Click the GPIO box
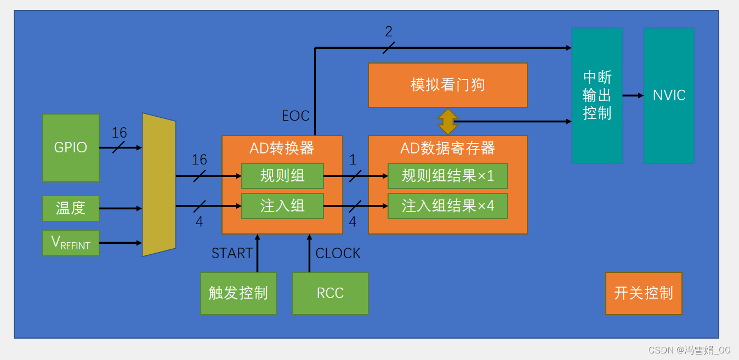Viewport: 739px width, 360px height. pyautogui.click(x=71, y=148)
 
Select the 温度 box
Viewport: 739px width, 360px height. pyautogui.click(x=71, y=208)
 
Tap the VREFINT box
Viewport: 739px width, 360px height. pyautogui.click(x=71, y=243)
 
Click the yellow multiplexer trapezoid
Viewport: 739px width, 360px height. pyautogui.click(x=158, y=185)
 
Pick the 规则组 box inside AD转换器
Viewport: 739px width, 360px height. pyautogui.click(x=282, y=176)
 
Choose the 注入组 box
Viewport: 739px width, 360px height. pyautogui.click(x=282, y=206)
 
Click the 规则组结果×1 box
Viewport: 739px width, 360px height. pyautogui.click(x=448, y=176)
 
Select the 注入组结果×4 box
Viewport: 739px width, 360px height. pyautogui.click(x=448, y=206)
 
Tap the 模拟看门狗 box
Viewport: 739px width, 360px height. pyautogui.click(x=448, y=85)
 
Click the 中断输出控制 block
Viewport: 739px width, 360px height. pyautogui.click(x=597, y=95)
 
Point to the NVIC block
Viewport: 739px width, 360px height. pyautogui.click(x=669, y=95)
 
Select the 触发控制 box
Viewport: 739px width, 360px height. pyautogui.click(x=238, y=293)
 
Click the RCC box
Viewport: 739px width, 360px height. pyautogui.click(x=330, y=293)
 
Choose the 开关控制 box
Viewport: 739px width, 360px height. pyautogui.click(x=644, y=293)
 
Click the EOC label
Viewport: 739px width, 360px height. pyautogui.click(x=295, y=116)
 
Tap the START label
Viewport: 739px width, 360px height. pyautogui.click(x=232, y=253)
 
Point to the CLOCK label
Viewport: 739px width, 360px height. pyautogui.click(x=338, y=253)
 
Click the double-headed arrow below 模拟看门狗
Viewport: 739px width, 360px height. pyautogui.click(x=448, y=122)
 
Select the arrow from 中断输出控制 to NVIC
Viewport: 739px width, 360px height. pyautogui.click(x=633, y=95)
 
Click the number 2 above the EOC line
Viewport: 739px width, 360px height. pyautogui.click(x=389, y=32)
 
